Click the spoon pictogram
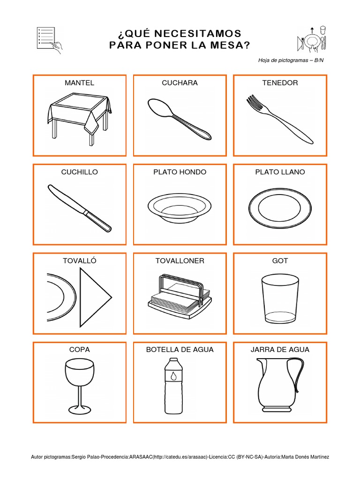pyautogui.click(x=180, y=120)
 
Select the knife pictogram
pyautogui.click(x=80, y=208)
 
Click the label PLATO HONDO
pyautogui.click(x=180, y=172)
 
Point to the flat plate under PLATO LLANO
pyautogui.click(x=280, y=208)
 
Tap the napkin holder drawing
pyautogui.click(x=180, y=295)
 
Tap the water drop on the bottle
pyautogui.click(x=173, y=375)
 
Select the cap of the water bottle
pyautogui.click(x=173, y=360)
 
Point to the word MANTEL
pyautogui.click(x=80, y=83)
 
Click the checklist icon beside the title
pyautogui.click(x=49, y=40)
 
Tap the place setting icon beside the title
pyautogui.click(x=312, y=39)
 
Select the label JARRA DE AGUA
pyautogui.click(x=280, y=350)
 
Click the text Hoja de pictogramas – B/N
pyautogui.click(x=291, y=60)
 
